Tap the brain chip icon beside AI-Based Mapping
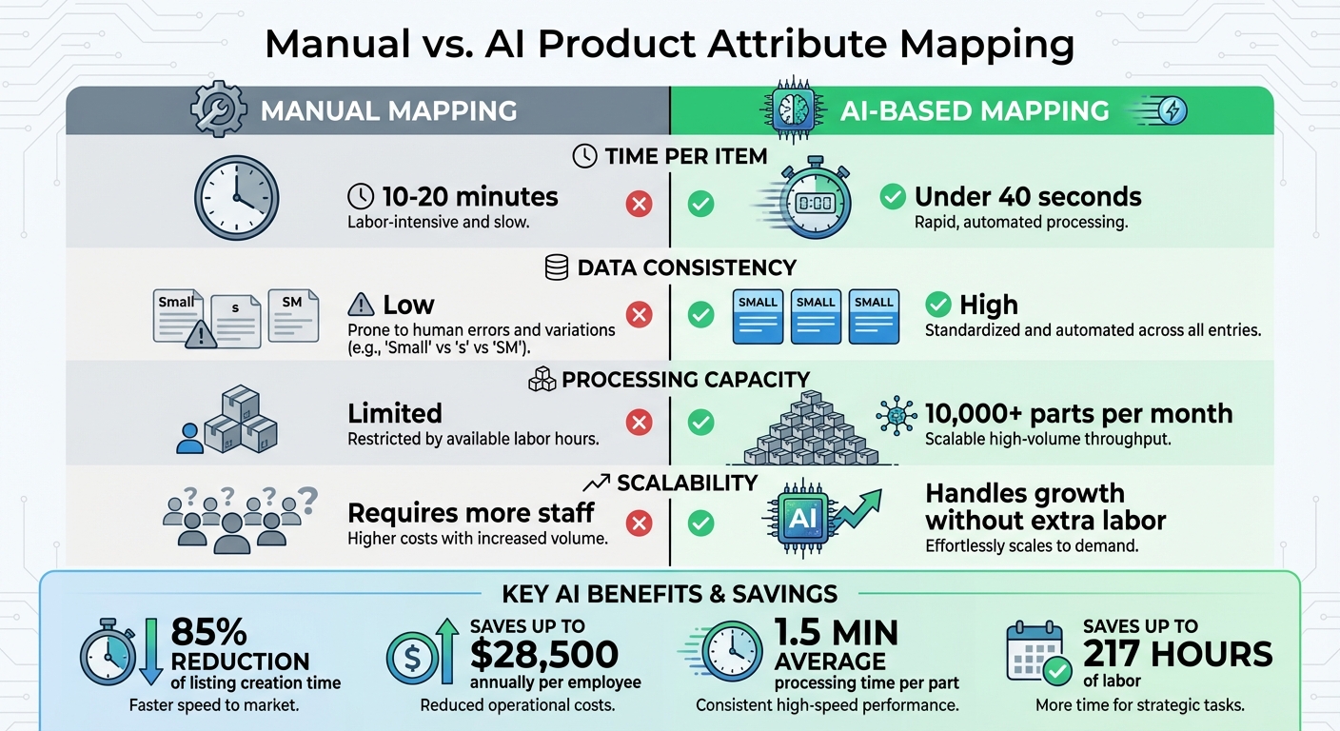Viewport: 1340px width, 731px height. point(792,111)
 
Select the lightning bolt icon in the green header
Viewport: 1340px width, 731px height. point(1172,111)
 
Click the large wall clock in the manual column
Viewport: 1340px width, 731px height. point(237,197)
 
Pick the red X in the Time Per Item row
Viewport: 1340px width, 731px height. point(640,204)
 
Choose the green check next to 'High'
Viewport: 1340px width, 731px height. point(938,305)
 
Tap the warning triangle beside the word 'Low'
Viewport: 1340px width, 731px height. point(362,305)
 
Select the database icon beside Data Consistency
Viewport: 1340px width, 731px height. point(557,268)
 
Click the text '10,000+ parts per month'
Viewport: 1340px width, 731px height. point(1078,414)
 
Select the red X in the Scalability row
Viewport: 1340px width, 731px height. point(640,523)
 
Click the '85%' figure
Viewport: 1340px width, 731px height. point(208,632)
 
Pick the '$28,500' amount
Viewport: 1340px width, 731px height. point(543,655)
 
